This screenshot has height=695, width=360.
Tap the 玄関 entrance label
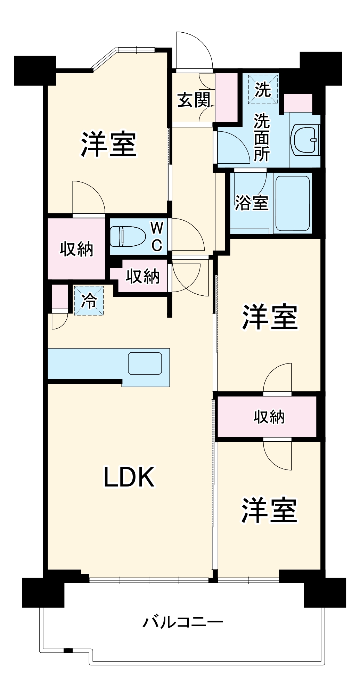coord(194,100)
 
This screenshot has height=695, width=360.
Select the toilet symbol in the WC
coord(127,236)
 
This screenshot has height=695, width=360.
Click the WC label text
coord(157,237)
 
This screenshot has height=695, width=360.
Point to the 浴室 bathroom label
coord(252,203)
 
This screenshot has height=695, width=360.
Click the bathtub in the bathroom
coord(293,203)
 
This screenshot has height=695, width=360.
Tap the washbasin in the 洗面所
coord(306,140)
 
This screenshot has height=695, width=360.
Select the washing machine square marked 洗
coord(263,89)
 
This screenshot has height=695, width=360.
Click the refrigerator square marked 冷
coord(89,300)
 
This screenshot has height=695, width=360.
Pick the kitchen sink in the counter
coord(145,363)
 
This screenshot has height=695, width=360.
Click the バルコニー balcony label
coord(183,622)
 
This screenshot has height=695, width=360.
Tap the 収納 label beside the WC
coord(76,249)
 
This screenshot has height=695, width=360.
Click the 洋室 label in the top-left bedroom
coord(109,144)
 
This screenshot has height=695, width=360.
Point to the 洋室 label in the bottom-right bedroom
coord(270,510)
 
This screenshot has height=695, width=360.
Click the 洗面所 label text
coord(262,138)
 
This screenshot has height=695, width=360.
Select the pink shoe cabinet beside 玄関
coord(226,97)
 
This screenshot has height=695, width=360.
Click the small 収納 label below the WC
coord(142,276)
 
